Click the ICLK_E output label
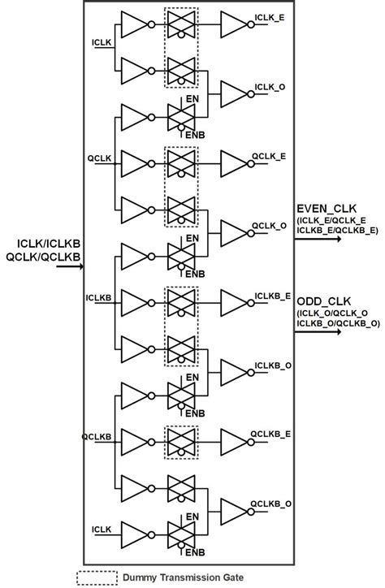tap(268, 15)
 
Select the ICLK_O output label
tap(268, 84)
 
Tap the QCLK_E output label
tap(269, 154)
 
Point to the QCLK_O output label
tap(269, 225)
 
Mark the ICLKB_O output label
tap(271, 365)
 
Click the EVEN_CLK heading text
tap(327, 207)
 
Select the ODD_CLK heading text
tap(322, 298)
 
